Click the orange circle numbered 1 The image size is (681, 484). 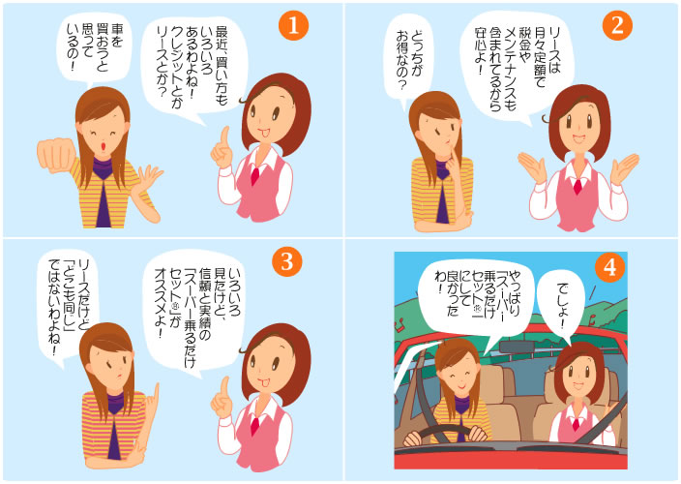pyautogui.click(x=294, y=25)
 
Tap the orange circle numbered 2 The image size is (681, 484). pyautogui.click(x=617, y=25)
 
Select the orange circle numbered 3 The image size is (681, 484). pyautogui.click(x=286, y=261)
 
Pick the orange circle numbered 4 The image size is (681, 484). pyautogui.click(x=609, y=267)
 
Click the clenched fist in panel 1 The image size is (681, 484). pyautogui.click(x=57, y=156)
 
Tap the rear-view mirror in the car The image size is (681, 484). pyautogui.click(x=516, y=347)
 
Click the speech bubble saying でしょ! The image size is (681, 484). pyautogui.click(x=562, y=306)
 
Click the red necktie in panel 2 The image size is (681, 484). pyautogui.click(x=577, y=186)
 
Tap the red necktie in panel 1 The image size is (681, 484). pyautogui.click(x=254, y=176)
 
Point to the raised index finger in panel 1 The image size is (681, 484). pyautogui.click(x=224, y=136)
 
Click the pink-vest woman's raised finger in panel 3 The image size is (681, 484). pyautogui.click(x=224, y=386)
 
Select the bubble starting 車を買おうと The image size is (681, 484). pyautogui.click(x=94, y=50)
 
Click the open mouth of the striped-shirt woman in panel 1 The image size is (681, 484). pyautogui.click(x=104, y=146)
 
